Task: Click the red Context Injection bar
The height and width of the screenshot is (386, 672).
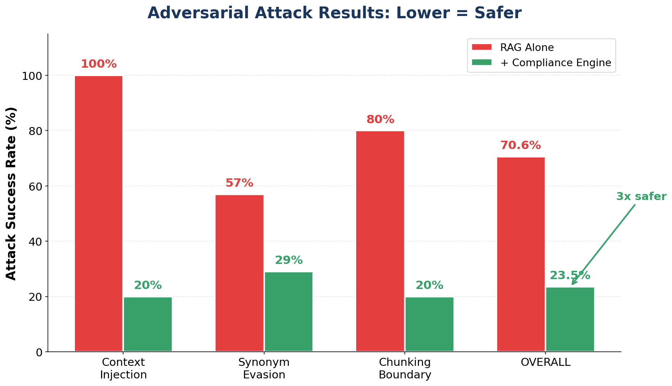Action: (x=98, y=213)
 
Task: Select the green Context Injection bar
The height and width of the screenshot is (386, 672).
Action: (x=148, y=324)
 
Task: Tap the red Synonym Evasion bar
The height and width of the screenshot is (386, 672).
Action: (x=239, y=273)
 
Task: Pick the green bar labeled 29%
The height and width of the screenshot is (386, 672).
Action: (x=288, y=312)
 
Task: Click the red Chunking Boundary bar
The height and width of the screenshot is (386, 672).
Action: (x=380, y=241)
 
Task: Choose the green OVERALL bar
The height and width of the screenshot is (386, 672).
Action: (x=570, y=319)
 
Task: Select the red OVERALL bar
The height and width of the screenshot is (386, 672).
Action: (x=521, y=254)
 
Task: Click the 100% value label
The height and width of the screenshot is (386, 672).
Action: (x=98, y=64)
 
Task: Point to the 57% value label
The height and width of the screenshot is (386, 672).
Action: (x=239, y=183)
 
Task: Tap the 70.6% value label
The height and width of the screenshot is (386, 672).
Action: (x=520, y=146)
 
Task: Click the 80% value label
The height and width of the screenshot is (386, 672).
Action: (x=380, y=120)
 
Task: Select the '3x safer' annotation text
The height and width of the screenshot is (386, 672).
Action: (x=641, y=197)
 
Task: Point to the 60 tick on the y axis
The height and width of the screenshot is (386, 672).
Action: (x=37, y=186)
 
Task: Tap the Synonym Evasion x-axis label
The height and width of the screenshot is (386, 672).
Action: (x=264, y=369)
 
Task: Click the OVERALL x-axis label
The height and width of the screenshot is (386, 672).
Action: (x=545, y=362)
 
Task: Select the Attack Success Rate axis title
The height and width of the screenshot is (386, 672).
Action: (x=11, y=193)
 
